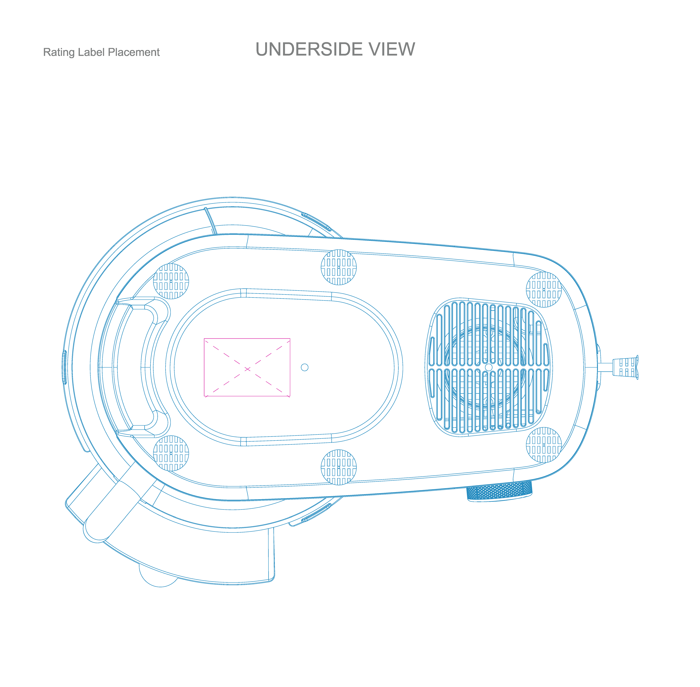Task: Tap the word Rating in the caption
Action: [x=59, y=52]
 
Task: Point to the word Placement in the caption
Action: [x=133, y=52]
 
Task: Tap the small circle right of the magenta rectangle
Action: [x=305, y=367]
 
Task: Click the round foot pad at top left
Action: [x=171, y=281]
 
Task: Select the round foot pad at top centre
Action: [x=339, y=267]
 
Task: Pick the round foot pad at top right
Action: [x=544, y=289]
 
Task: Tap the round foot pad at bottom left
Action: [x=171, y=453]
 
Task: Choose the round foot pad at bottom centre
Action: [x=339, y=467]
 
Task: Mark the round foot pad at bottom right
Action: [x=544, y=445]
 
